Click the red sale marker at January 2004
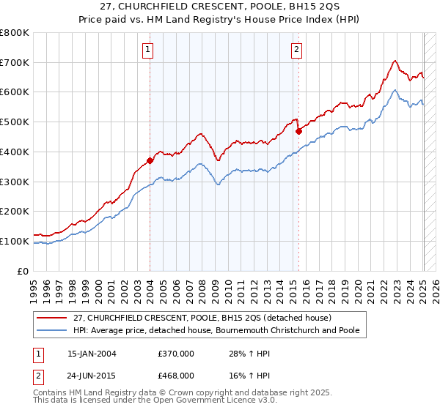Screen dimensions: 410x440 coord(150,160)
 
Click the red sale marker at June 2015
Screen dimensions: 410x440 coord(298,132)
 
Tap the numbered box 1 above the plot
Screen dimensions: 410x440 coord(148,50)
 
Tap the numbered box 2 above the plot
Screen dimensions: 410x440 coord(296,50)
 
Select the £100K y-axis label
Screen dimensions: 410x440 coord(15,241)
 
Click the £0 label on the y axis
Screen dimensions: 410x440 coord(23,271)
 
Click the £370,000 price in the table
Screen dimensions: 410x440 coord(176,354)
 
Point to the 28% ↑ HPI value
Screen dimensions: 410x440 coord(245,354)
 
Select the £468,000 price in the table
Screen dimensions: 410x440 coord(176,375)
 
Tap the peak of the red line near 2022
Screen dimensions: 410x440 coord(395,60)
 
